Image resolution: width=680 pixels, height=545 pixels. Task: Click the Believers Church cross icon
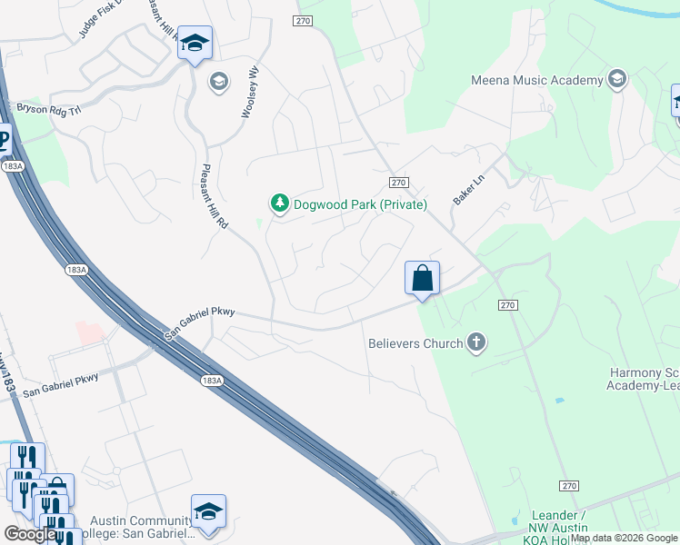[475, 342]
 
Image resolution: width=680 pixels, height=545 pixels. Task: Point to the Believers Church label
[415, 343]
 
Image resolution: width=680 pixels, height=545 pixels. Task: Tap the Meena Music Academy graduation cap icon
[617, 79]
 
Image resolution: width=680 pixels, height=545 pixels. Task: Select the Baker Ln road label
[468, 188]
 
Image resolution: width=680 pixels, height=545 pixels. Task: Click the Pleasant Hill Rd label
[212, 195]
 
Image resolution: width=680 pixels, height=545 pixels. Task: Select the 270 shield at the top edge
[304, 20]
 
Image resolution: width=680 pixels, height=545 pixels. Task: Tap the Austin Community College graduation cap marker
[208, 511]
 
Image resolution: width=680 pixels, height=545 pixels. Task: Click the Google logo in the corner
[30, 534]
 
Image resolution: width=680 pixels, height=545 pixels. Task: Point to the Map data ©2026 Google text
[625, 538]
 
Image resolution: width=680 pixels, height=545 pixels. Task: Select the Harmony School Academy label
[643, 379]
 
